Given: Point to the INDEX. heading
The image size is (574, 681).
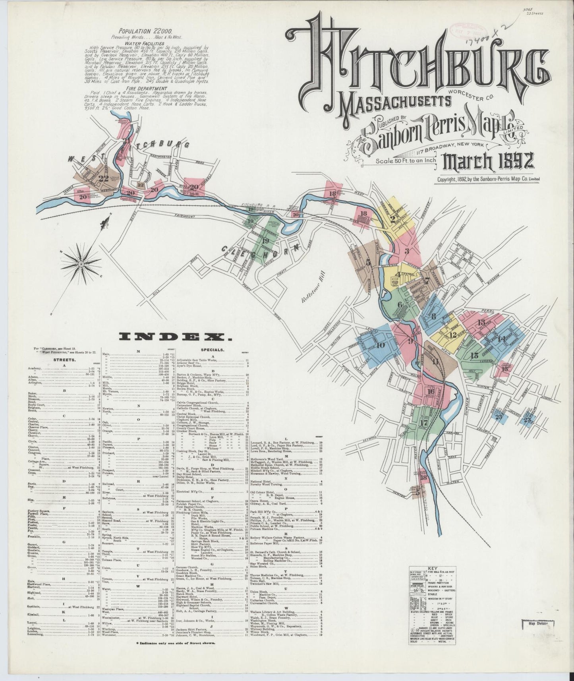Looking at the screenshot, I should coord(175,337).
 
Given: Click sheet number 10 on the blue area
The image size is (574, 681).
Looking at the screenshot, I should coord(381,345).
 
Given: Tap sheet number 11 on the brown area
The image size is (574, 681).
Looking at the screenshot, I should coord(436,361).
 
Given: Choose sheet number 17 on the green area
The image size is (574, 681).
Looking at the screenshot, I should coord(423,422).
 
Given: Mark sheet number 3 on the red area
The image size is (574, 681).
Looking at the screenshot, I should coord(407,251).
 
